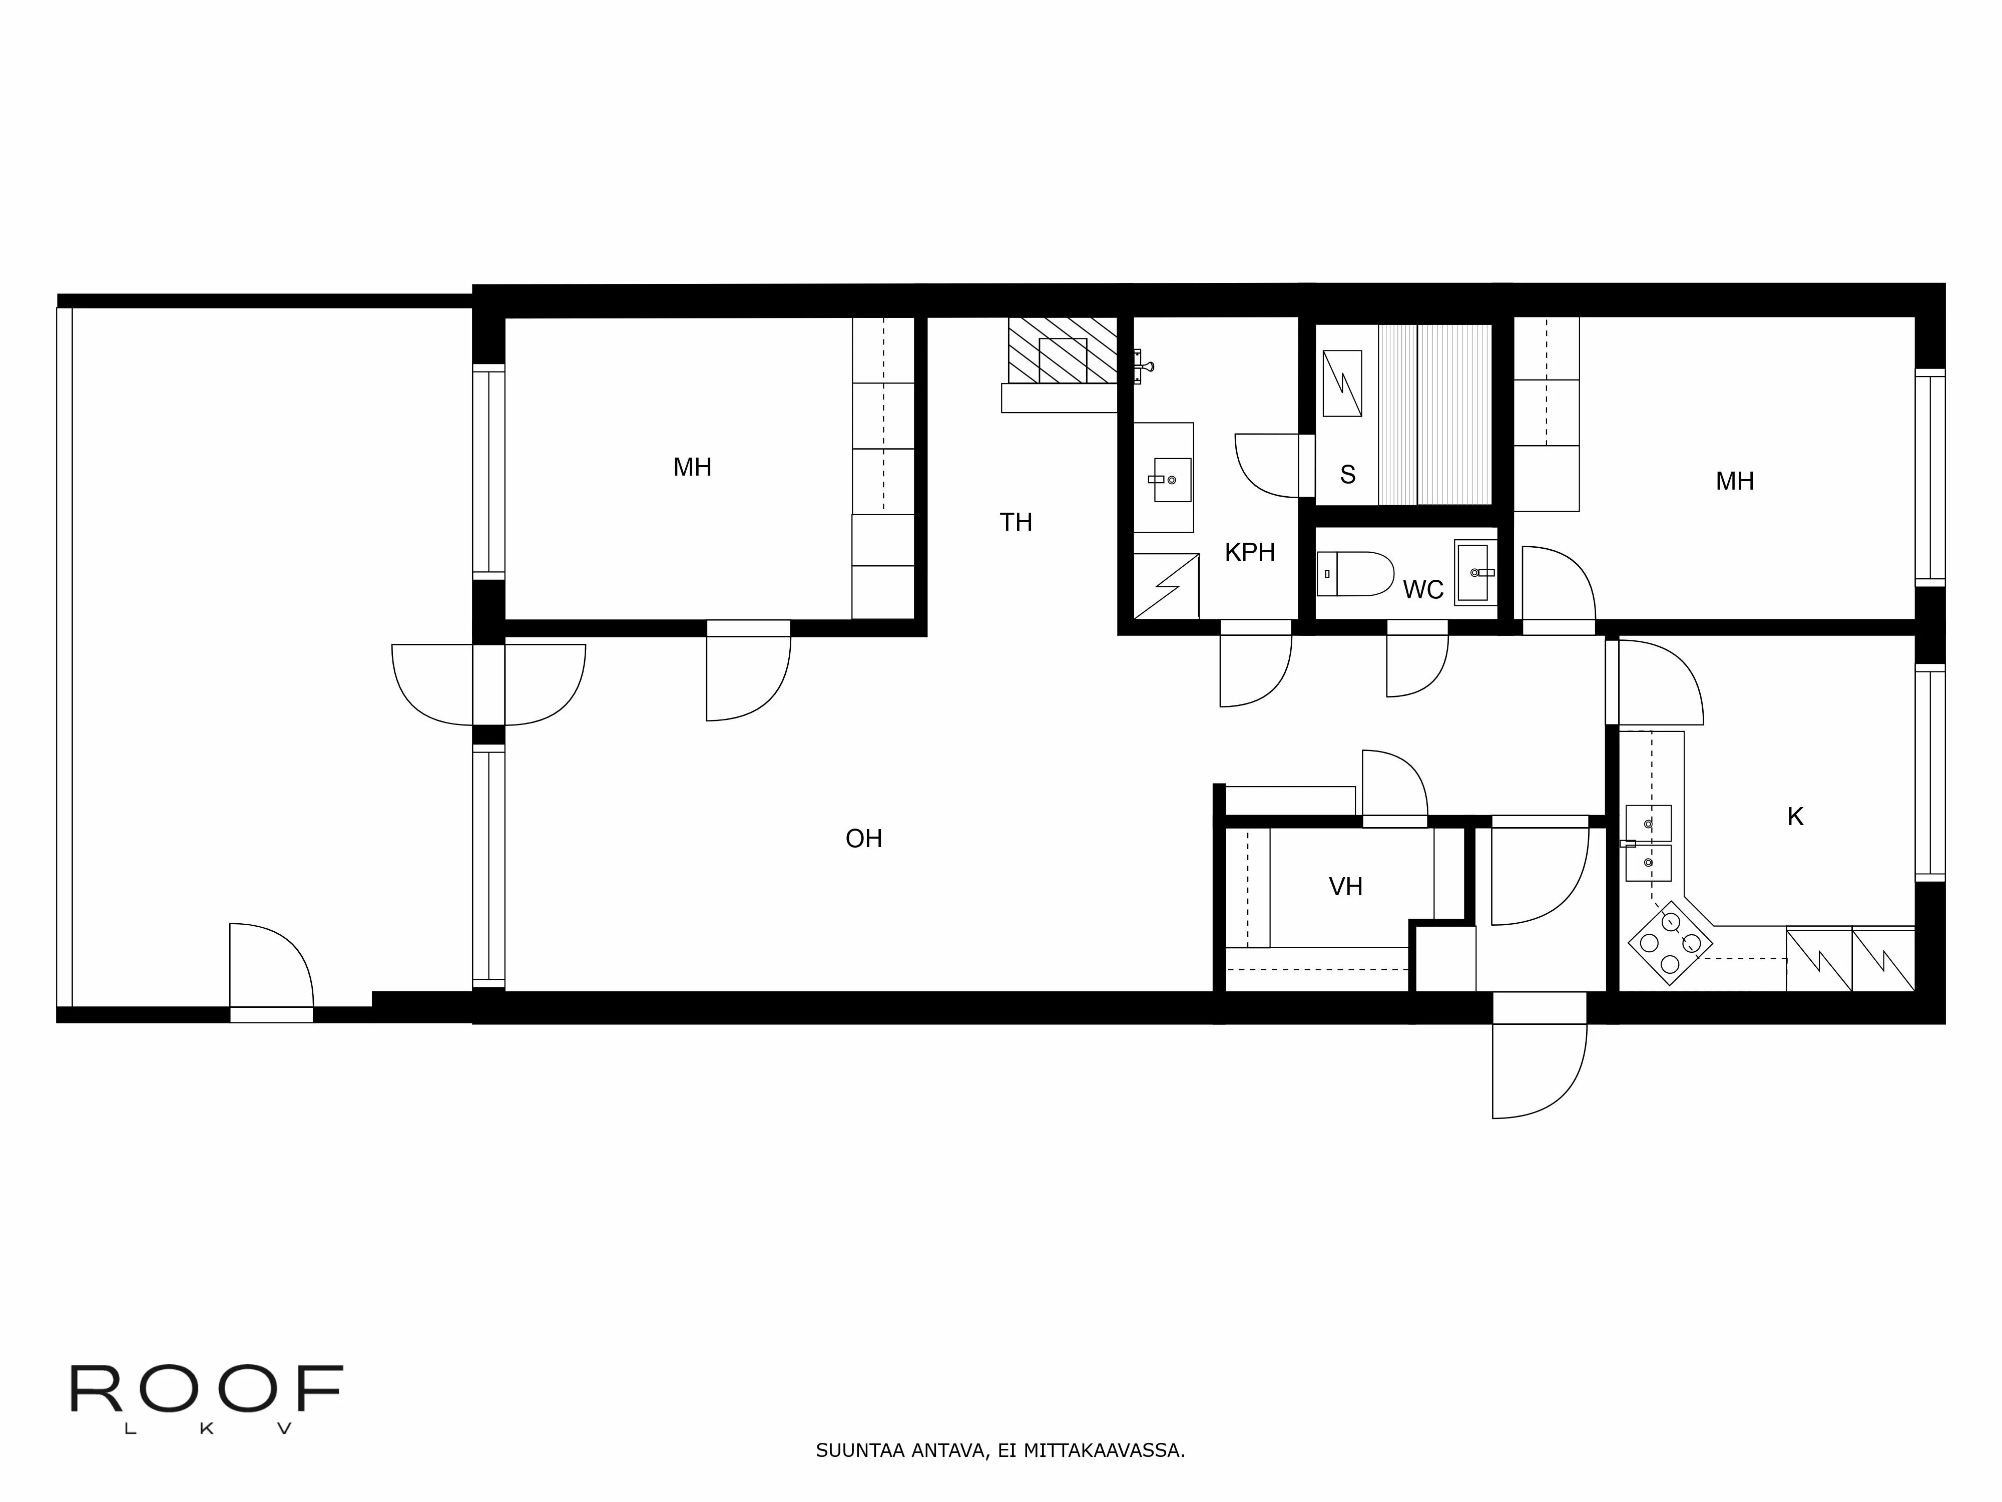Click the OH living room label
pyautogui.click(x=863, y=839)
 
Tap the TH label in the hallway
pyautogui.click(x=1016, y=522)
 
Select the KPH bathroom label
pyautogui.click(x=1249, y=552)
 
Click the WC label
pyautogui.click(x=1423, y=590)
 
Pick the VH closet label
pyautogui.click(x=1345, y=886)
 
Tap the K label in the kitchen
pyautogui.click(x=1795, y=817)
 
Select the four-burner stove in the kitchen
pyautogui.click(x=1670, y=942)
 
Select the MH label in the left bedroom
pyautogui.click(x=692, y=467)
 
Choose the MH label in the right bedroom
pyautogui.click(x=1734, y=482)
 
